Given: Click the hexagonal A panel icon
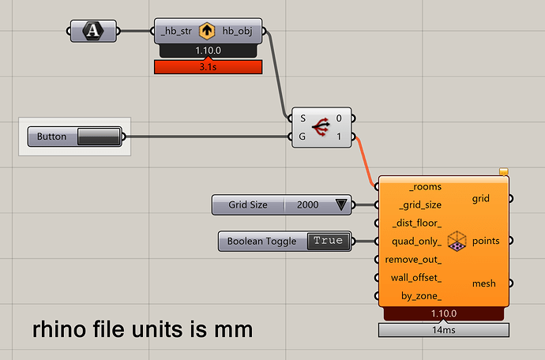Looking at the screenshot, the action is coord(92,31).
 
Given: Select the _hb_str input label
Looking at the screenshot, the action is coord(176,31).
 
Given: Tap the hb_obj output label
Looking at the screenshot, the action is coord(238,31).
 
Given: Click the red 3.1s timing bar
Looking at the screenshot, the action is coord(209,67).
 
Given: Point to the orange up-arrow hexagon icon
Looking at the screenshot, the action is coord(207,31).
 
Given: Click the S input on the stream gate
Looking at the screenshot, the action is coord(303,118).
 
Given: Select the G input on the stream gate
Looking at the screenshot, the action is coord(303,137).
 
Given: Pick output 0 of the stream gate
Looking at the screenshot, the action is coord(339,118).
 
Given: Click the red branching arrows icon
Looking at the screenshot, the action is coord(321,127).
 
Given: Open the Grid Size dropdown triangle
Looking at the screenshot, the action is coord(341,204).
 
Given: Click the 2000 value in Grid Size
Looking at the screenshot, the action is coord(307,204).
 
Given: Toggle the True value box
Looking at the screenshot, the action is coord(328,241).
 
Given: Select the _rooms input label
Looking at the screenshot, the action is coord(426,186).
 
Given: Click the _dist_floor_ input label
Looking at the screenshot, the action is coord(417,223).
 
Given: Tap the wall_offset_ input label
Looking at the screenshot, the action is coord(416,278).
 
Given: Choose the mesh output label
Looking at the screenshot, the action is coord(484,283).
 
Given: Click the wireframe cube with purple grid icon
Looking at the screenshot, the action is coord(457,241).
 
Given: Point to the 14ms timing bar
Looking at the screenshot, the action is coord(444,330).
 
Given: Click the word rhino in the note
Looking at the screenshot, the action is coord(58,329).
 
